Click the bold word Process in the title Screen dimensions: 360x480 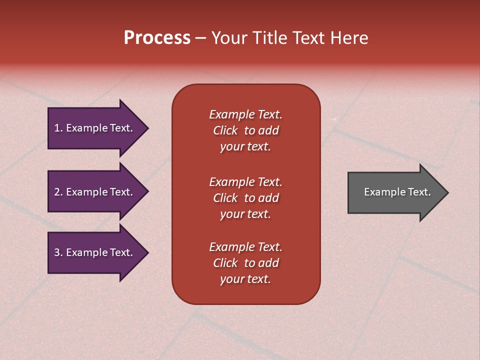(157, 38)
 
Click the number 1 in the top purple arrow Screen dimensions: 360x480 (57, 128)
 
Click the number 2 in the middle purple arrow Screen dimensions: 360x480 (57, 192)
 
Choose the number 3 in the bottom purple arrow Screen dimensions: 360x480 (57, 252)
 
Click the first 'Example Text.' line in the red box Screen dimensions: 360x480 (245, 114)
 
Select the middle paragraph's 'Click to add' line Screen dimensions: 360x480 (245, 198)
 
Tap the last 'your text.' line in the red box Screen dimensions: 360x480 (245, 279)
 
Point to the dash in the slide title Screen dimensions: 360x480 (200, 38)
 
